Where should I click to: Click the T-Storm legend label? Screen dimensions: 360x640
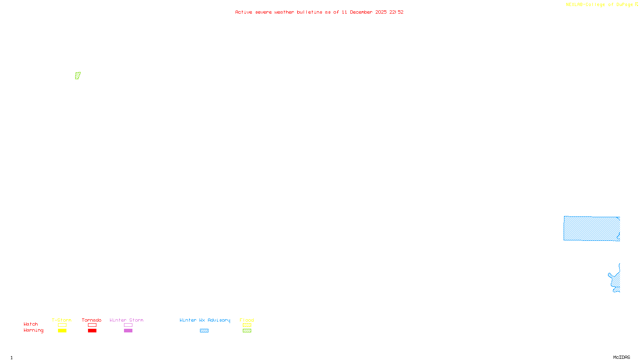62,320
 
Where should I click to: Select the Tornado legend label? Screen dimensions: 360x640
92,320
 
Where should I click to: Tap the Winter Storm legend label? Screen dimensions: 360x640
126,320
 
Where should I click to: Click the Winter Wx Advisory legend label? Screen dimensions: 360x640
205,320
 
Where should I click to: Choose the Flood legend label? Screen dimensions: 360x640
247,320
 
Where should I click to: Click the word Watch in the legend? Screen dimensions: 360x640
31,324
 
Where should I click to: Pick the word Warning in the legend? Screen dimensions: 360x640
34,330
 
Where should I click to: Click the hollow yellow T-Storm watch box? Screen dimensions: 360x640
62,325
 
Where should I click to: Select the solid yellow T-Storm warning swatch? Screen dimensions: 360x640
62,331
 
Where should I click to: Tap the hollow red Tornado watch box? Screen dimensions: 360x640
92,325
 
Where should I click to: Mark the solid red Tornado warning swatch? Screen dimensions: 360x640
92,331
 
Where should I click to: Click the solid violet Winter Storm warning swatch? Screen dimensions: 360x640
128,331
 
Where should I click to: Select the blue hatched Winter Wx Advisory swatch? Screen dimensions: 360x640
204,331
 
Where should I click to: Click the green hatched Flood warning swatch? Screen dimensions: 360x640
247,331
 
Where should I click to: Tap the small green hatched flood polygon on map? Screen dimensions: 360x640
78,76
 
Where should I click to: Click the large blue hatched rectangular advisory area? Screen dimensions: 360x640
591,228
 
